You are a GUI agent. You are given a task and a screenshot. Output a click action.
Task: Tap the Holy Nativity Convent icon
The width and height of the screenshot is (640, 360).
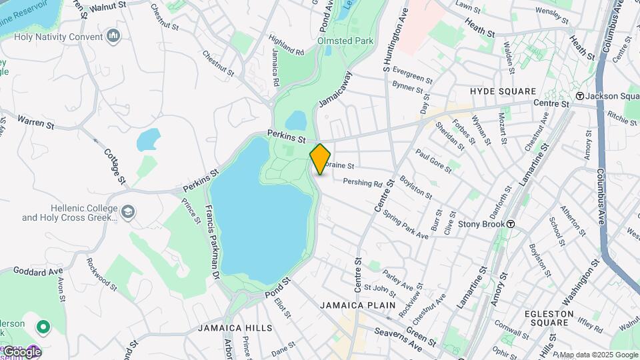113,35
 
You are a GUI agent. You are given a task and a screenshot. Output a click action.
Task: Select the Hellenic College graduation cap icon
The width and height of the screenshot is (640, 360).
127,213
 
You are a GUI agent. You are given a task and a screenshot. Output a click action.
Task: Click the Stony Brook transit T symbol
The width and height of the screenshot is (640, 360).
510,224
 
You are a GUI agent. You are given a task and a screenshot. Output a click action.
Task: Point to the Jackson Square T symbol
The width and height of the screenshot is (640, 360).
580,96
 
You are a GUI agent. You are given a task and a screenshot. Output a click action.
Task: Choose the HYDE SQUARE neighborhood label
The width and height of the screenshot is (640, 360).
503,91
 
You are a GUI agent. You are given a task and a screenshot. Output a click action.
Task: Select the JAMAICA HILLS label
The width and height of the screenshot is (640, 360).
235,328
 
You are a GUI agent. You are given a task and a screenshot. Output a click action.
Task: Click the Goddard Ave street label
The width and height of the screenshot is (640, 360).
37,271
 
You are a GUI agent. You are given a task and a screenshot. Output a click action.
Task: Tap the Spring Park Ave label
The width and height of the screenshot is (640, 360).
405,226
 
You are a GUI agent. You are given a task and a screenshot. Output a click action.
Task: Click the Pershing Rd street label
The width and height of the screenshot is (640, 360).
363,182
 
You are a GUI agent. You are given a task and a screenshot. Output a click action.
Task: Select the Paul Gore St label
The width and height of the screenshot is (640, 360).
433,160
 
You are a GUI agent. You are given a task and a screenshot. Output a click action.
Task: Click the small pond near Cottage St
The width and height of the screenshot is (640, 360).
148,140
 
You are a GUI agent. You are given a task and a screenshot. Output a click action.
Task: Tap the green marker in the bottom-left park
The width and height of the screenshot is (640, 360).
43,327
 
